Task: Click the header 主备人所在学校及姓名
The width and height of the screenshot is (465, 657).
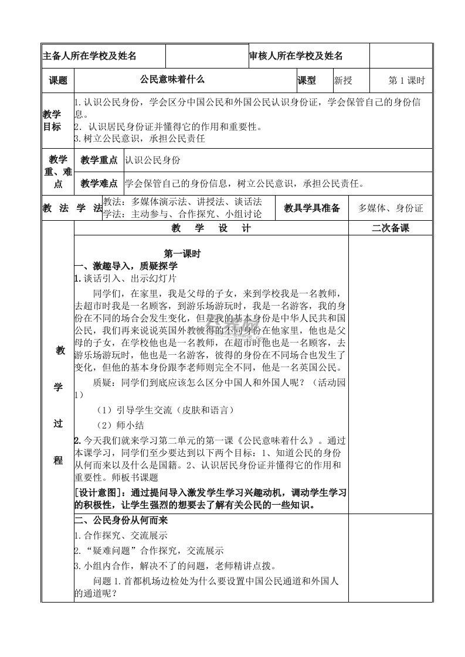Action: pos(90,56)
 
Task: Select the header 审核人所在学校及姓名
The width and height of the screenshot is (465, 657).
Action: pos(296,56)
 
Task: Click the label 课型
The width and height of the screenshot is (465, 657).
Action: pos(307,80)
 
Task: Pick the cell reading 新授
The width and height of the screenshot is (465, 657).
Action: pos(343,80)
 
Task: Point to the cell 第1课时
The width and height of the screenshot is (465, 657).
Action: pos(406,80)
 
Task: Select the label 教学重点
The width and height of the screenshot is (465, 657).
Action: pos(99,160)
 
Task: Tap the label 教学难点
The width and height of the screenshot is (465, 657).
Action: pos(99,183)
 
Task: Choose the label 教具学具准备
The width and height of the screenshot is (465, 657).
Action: pos(312,208)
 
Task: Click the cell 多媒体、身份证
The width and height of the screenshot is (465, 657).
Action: pos(391,208)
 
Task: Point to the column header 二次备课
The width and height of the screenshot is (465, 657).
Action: pos(391,228)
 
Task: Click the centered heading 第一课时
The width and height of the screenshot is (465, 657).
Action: pos(182,254)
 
